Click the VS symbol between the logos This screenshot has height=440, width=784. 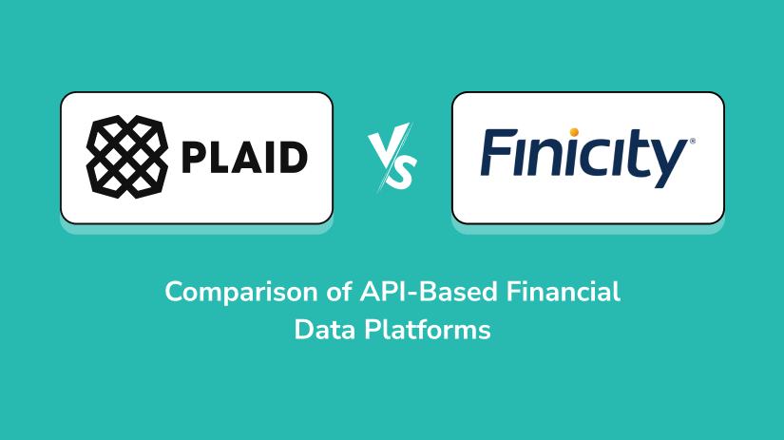[392, 158]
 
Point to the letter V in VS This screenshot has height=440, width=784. [382, 149]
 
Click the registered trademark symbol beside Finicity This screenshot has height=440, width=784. [692, 141]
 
